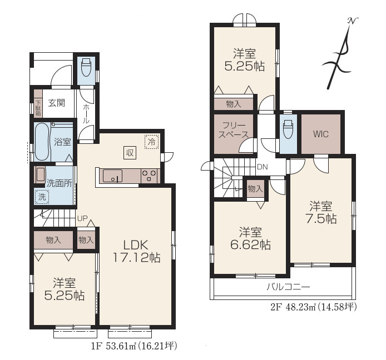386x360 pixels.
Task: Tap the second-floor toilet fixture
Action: tap(288, 129)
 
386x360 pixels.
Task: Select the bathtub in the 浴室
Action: tap(42, 142)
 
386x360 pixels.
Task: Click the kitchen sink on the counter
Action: tap(112, 176)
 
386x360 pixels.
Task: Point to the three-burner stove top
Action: tap(150, 176)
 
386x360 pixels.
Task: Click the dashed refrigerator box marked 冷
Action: tap(152, 142)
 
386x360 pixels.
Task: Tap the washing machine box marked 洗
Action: tap(42, 197)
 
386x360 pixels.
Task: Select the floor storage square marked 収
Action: tap(130, 153)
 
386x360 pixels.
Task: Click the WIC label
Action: tap(321, 134)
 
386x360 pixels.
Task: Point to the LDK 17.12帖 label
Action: tap(136, 251)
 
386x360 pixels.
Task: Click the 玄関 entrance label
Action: tap(57, 103)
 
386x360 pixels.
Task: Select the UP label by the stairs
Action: tap(82, 218)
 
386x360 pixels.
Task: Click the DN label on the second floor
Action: tap(262, 167)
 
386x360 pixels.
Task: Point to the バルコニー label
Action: tap(289, 287)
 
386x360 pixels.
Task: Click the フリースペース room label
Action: tap(234, 130)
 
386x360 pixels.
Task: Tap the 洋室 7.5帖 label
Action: tap(321, 212)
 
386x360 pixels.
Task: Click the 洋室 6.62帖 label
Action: tap(250, 238)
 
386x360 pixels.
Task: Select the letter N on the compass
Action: tap(353, 21)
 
